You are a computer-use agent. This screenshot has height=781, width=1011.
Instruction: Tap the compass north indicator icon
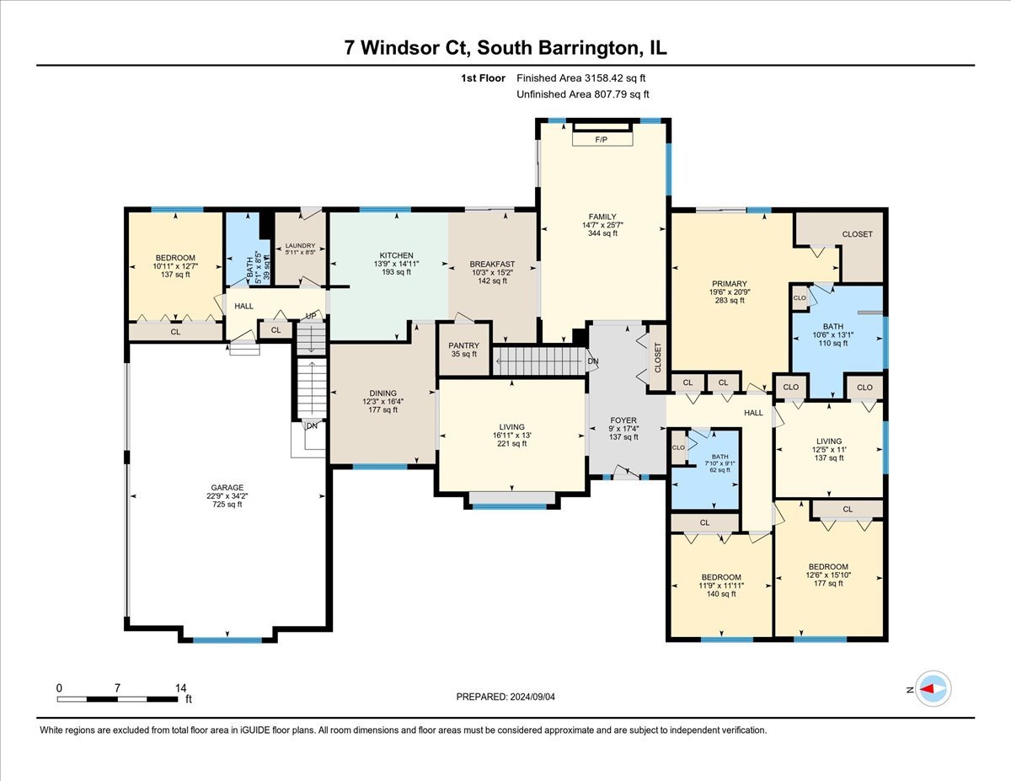pyautogui.click(x=933, y=688)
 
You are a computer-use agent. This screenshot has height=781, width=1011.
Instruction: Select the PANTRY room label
pyautogui.click(x=463, y=345)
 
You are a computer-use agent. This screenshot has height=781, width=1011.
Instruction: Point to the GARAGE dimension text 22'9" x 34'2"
pyautogui.click(x=227, y=495)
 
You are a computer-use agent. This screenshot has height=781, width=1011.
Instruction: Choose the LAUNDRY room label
pyautogui.click(x=300, y=245)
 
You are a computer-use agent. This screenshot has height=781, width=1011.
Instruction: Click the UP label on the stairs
pyautogui.click(x=310, y=316)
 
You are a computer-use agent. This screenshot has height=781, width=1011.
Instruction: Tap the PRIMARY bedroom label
pyautogui.click(x=729, y=284)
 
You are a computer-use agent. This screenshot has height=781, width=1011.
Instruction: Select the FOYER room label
pyautogui.click(x=623, y=420)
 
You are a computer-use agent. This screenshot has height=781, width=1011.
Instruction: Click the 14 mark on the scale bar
pyautogui.click(x=179, y=687)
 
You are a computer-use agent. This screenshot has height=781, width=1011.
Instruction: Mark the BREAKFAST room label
pyautogui.click(x=492, y=265)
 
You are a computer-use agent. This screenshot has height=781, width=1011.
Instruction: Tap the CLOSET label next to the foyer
pyautogui.click(x=658, y=357)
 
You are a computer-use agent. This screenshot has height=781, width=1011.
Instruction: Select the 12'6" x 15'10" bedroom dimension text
pyautogui.click(x=827, y=575)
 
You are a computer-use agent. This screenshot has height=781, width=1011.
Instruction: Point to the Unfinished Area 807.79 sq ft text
pyautogui.click(x=582, y=95)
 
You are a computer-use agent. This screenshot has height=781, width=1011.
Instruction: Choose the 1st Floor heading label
pyautogui.click(x=483, y=78)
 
